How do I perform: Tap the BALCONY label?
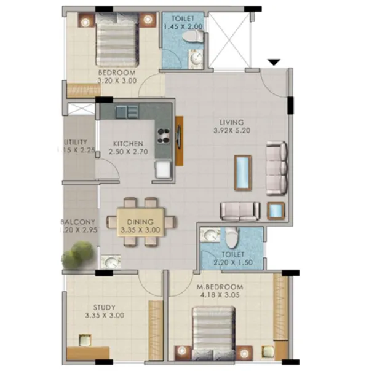78,222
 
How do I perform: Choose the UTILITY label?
78,143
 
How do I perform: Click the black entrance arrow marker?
274,61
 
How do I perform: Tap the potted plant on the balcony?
78,255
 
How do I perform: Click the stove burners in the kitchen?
164,135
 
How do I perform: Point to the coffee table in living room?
244,173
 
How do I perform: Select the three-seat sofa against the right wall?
276,167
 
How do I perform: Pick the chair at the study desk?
84,340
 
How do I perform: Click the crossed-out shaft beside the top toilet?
229,39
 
